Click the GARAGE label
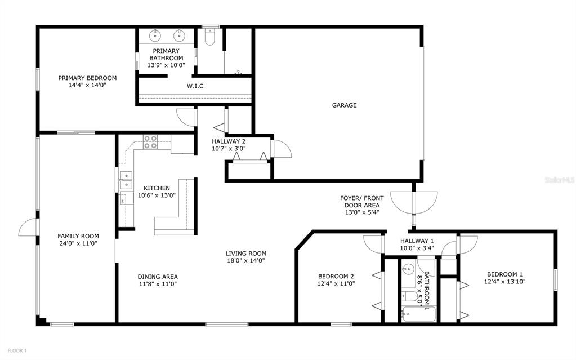pos(344,105)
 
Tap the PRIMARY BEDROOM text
pos(87,78)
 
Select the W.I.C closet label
pos(195,86)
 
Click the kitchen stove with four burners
pos(150,142)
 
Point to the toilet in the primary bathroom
pos(210,37)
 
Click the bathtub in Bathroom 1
pos(418,314)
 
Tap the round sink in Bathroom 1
pos(408,269)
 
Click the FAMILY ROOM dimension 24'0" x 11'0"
pos(78,243)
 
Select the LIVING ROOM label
pos(245,254)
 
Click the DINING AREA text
pos(158,277)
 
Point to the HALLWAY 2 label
pos(229,141)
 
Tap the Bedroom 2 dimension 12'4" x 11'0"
pos(336,283)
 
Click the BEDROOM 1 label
pos(504,274)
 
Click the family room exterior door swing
pos(28,228)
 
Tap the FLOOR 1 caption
pos(17,350)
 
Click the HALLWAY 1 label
pos(417,241)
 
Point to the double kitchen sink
pos(126,180)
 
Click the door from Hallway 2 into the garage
pos(281,149)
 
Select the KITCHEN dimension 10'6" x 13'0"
pos(157,195)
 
